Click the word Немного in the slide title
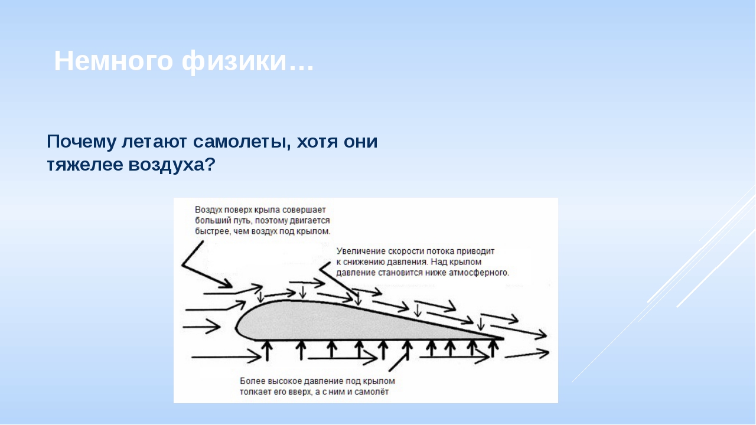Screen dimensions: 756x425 [114, 61]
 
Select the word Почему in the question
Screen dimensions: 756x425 [82, 142]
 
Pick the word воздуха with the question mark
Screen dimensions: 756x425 [172, 165]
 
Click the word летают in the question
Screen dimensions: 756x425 [154, 142]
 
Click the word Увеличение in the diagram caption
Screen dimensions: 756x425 [361, 251]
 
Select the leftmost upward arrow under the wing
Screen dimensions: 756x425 [268, 351]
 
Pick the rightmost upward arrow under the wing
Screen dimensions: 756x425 [493, 348]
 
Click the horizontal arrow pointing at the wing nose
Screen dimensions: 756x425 [201, 326]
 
